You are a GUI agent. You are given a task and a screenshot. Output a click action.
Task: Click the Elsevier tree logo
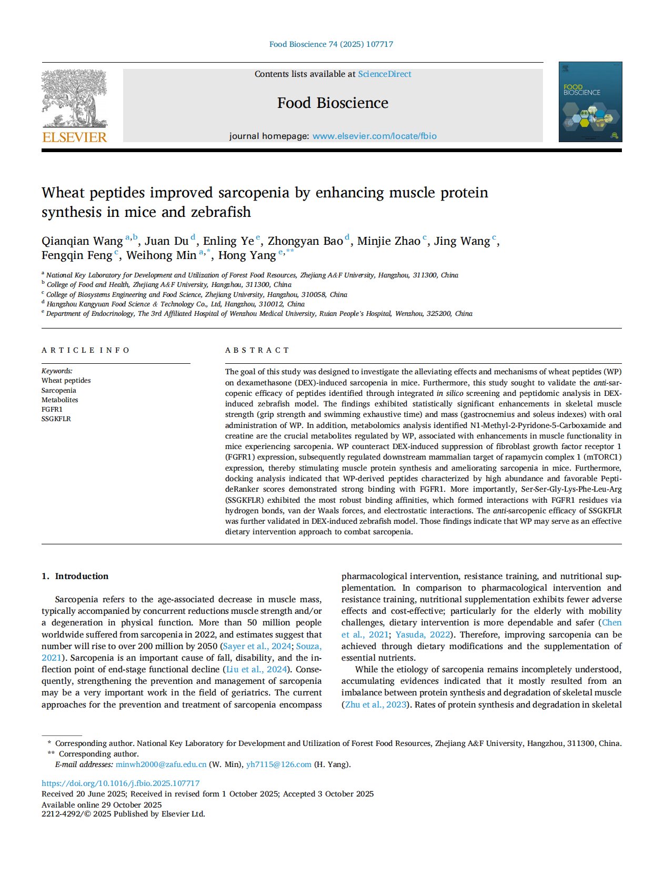pos(74,106)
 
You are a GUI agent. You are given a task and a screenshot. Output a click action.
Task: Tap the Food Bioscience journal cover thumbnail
pos(590,102)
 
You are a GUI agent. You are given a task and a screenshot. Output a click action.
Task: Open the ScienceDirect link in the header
pos(385,74)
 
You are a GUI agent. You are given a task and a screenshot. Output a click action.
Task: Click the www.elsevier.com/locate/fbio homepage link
pos(374,136)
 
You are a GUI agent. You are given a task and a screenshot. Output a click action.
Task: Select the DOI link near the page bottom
pos(120,783)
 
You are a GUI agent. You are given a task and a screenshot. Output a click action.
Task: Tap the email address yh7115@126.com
pos(279,764)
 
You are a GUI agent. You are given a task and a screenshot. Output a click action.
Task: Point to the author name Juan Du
pos(166,241)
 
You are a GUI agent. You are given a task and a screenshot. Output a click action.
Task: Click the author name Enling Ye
pos(228,241)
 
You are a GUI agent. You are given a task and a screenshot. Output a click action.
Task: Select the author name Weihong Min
pos(161,255)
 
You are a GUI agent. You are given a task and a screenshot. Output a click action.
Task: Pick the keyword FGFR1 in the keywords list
pos(52,409)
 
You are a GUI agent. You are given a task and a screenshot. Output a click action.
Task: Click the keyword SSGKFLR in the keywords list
pos(56,419)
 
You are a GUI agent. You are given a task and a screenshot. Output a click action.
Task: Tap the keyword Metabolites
pos(60,400)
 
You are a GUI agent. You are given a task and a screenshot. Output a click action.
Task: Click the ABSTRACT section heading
pos(257,350)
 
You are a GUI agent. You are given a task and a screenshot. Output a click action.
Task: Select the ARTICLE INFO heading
pos(86,350)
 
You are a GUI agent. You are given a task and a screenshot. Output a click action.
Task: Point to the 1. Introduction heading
pos(75,576)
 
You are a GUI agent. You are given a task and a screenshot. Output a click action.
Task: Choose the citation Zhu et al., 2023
pos(376,704)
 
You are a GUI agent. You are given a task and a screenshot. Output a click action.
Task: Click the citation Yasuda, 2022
pos(423,634)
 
